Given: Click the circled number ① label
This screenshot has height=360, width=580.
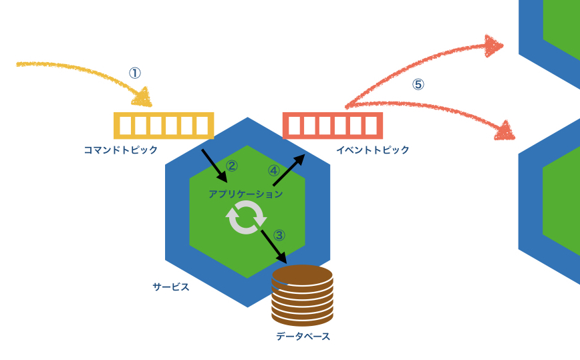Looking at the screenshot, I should coord(135,73).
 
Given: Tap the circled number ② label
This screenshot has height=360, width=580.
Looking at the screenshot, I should coord(232,166).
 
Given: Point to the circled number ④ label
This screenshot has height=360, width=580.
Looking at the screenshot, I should coord(274,170).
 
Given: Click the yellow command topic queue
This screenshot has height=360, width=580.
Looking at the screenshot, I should coord(164,126).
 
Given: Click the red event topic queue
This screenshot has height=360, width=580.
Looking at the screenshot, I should coord(333,126).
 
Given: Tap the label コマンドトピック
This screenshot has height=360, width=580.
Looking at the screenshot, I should coord(120,150).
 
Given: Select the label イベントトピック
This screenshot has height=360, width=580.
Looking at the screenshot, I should coord(372,150).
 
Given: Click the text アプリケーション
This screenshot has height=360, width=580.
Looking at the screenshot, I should coord(245,194).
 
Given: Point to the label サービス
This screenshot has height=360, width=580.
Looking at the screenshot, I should coord(171,287).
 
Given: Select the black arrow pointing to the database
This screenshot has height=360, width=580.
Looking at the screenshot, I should coord(275,246).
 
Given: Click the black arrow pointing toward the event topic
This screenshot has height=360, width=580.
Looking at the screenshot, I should coord(289,170).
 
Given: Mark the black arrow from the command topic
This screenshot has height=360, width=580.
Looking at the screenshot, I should coord(215,166).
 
